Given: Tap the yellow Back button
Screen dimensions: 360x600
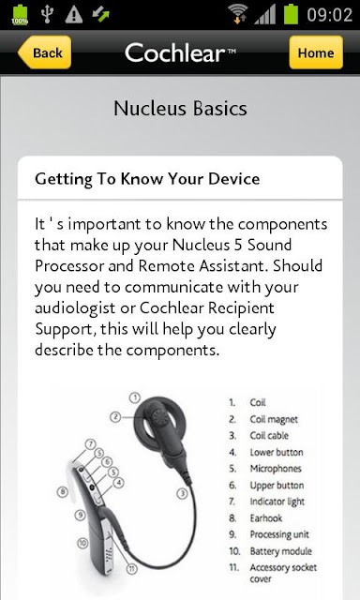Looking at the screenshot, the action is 44,52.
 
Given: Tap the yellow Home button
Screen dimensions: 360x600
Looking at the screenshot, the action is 316,52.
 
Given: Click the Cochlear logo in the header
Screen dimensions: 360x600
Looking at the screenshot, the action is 180,52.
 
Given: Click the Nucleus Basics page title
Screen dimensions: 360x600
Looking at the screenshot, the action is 180,109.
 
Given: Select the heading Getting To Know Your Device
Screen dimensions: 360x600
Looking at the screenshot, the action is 147,179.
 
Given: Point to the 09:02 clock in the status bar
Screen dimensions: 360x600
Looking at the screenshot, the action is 329,15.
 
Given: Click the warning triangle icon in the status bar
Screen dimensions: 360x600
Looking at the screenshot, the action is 74,15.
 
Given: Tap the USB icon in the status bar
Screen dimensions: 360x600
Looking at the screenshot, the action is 47,15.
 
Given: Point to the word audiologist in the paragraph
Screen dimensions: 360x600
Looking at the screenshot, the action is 75,308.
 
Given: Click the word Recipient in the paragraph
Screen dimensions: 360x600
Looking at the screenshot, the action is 241,308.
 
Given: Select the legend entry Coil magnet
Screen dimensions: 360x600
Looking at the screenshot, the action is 274,419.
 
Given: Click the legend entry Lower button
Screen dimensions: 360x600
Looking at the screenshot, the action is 277,452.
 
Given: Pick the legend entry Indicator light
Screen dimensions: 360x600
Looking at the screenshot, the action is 277,502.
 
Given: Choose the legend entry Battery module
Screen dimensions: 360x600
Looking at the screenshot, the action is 281,551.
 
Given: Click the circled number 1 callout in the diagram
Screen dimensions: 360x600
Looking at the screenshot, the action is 135,397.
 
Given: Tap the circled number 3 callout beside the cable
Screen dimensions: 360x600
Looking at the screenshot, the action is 183,493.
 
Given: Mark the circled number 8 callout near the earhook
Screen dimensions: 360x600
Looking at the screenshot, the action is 63,491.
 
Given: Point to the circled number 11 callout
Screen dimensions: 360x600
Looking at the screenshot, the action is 131,568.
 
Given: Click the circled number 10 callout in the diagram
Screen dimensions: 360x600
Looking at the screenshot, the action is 82,543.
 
